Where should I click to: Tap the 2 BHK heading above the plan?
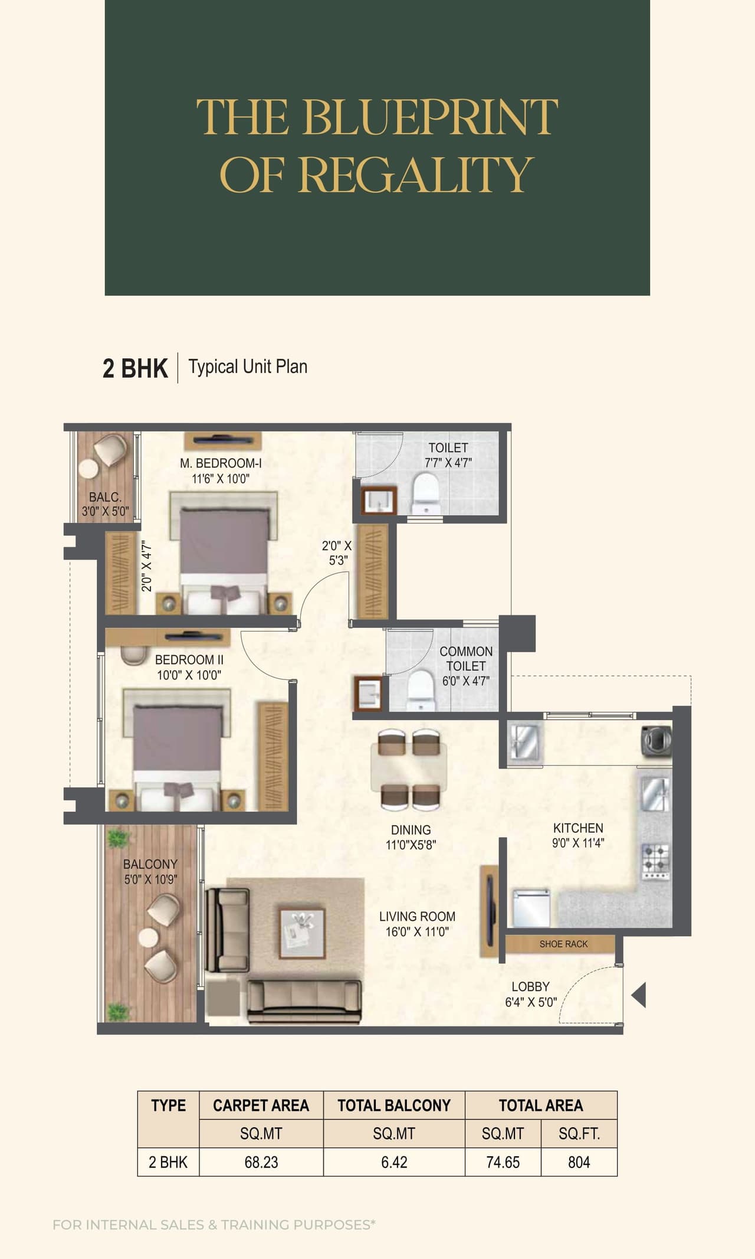pyautogui.click(x=135, y=368)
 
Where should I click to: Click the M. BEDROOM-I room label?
pyautogui.click(x=221, y=463)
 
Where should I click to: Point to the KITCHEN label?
pyautogui.click(x=578, y=828)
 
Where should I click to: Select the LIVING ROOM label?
pyautogui.click(x=417, y=917)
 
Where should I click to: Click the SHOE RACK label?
pyautogui.click(x=563, y=944)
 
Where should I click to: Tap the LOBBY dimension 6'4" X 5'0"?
pyautogui.click(x=531, y=1002)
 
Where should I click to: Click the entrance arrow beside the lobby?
pyautogui.click(x=639, y=995)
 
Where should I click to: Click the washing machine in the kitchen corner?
pyautogui.click(x=656, y=740)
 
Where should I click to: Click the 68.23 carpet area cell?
pyautogui.click(x=261, y=1162)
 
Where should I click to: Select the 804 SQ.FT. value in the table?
pyautogui.click(x=579, y=1162)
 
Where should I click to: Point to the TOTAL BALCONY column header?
pyautogui.click(x=394, y=1106)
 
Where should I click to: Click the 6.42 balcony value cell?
pyautogui.click(x=394, y=1162)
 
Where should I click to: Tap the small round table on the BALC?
pyautogui.click(x=88, y=469)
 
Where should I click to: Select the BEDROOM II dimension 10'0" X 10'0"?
pyautogui.click(x=189, y=675)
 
